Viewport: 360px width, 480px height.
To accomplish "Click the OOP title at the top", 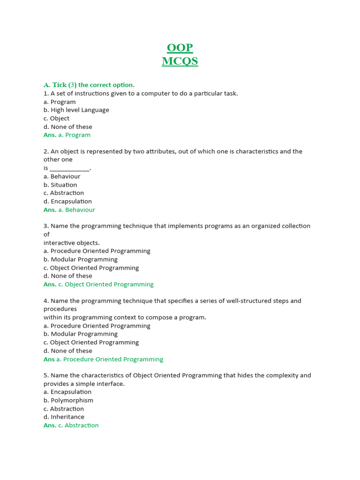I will pos(180,48).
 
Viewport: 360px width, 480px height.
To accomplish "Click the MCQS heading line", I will pos(180,61).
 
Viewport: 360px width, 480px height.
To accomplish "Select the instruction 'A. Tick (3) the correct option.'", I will pos(89,85).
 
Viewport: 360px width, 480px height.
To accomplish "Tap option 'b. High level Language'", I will pos(76,110).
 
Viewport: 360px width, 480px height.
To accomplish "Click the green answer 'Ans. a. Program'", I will pos(67,135).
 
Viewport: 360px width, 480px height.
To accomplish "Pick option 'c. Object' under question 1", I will pos(56,119).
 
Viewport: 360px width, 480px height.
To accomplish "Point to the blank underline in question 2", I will pos(69,168).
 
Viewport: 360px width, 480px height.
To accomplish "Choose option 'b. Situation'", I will pos(60,185).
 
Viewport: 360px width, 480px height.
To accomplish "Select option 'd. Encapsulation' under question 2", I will pos(67,202).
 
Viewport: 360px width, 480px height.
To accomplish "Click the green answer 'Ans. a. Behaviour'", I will pos(69,210).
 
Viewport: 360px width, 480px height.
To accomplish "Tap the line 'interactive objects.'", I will pos(72,243).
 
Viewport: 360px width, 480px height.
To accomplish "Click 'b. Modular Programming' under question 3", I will pos(81,260).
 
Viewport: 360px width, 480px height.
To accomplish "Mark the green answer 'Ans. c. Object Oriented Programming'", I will pos(98,285).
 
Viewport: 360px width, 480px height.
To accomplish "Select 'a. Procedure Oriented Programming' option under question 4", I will pos(97,326).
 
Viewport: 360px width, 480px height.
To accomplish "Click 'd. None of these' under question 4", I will pos(68,351).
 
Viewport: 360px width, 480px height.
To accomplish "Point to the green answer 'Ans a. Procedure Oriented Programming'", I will pos(103,360).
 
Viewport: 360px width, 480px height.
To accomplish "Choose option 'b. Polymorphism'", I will pos(68,401).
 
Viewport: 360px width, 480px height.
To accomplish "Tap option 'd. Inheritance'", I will pos(64,417).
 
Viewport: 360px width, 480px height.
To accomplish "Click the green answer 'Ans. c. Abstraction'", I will pos(71,426).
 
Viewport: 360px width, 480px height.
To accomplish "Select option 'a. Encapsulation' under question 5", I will pos(67,392).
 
